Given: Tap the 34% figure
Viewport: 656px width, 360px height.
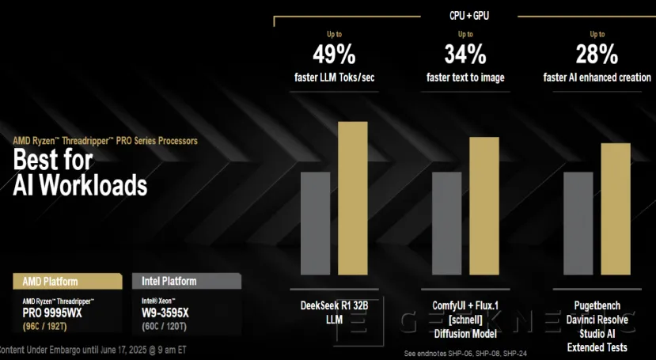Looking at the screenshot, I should pos(465,55).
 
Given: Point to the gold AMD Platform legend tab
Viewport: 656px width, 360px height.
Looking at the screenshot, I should pos(68,281).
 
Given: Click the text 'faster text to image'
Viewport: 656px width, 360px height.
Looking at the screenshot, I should pos(465,78).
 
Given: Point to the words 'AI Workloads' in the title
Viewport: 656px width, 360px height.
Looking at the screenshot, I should pos(80,185).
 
